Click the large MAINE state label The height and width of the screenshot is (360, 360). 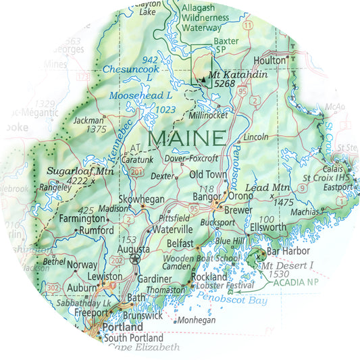[186, 138]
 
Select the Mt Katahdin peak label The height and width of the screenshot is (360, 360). [229, 75]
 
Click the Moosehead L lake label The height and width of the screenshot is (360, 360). [140, 95]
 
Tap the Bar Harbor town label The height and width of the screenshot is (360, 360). [282, 251]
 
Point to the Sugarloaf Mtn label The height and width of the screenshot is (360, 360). [79, 172]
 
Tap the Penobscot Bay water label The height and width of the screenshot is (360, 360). [234, 296]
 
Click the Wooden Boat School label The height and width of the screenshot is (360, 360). [197, 257]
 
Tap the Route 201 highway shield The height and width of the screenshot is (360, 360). [137, 173]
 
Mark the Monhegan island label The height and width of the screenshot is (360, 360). [195, 320]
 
